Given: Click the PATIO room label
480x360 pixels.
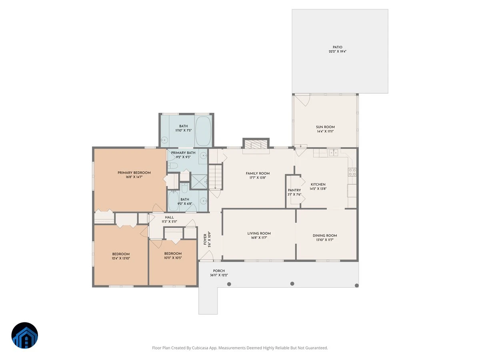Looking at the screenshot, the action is (x=337, y=47).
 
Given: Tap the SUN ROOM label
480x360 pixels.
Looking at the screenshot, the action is (x=325, y=127).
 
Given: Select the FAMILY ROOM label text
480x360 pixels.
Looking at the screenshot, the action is (x=258, y=173).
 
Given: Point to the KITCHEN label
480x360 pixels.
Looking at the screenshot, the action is (x=318, y=184).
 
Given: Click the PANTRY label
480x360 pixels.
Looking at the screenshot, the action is (x=294, y=190).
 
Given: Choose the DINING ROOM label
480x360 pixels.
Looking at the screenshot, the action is (x=325, y=236).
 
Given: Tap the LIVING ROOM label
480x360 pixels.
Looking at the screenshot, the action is (x=259, y=233).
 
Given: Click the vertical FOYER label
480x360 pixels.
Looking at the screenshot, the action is (x=205, y=239).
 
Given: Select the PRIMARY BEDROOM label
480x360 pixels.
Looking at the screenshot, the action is (x=134, y=173).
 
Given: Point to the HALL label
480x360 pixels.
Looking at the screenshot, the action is (x=169, y=217).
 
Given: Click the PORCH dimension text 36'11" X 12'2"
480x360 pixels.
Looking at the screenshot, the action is (x=219, y=275).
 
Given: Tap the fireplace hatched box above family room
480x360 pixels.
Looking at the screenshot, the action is (x=256, y=145).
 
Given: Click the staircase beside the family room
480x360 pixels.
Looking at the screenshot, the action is (x=215, y=177).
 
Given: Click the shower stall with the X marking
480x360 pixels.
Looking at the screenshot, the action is (x=199, y=182).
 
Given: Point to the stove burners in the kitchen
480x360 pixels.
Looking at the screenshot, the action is (x=352, y=172).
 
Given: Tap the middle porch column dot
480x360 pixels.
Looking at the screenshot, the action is (x=292, y=284).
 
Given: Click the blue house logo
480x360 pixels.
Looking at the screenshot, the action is (x=25, y=335).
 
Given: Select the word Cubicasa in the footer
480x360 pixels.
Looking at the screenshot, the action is (x=200, y=348).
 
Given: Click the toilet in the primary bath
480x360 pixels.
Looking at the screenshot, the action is (x=173, y=166).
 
